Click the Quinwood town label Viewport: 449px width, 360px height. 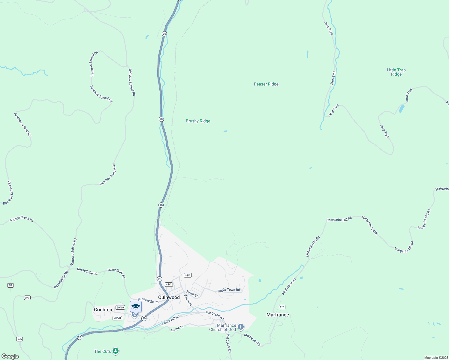(169, 297)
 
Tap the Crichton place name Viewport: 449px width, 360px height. (103, 310)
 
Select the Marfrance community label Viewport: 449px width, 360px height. (278, 315)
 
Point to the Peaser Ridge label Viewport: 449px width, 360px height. (266, 84)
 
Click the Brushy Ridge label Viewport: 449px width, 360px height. (198, 121)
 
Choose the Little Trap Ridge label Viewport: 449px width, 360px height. (396, 72)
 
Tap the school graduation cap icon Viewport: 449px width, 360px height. (136, 307)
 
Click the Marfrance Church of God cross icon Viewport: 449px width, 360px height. (240, 327)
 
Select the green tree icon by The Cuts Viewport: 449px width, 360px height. (116, 351)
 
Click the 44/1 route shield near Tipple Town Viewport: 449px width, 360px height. (188, 275)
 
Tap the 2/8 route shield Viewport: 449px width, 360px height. (11, 285)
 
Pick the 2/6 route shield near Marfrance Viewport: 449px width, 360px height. (282, 307)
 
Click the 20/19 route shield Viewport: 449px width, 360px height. (120, 307)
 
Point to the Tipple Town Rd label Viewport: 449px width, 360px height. (228, 290)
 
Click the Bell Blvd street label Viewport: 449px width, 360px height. (188, 300)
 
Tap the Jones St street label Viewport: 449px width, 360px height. (192, 294)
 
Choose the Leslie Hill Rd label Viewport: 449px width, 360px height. (170, 320)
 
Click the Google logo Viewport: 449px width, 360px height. (10, 356)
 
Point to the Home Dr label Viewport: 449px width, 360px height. (177, 329)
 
